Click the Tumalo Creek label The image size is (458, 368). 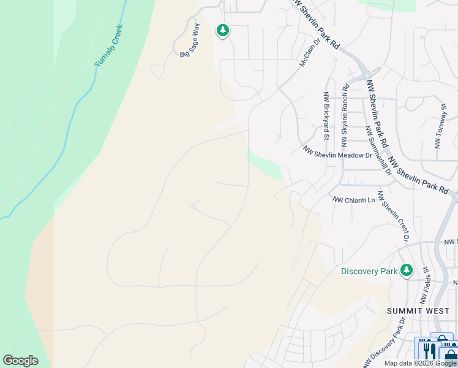108,46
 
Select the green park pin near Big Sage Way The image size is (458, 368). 222,30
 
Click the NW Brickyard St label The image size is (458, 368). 326,116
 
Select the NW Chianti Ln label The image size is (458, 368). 353,200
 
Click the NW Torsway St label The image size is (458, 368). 440,126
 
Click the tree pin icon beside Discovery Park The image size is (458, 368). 406,270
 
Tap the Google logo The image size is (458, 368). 20,361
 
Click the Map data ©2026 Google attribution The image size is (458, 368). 421,363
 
